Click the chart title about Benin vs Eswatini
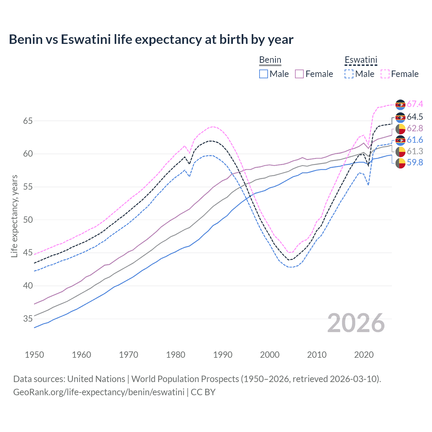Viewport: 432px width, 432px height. pos(151,39)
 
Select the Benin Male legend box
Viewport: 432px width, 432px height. pos(264,74)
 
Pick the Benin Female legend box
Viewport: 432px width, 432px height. pos(299,74)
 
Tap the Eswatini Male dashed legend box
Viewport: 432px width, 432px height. pos(349,74)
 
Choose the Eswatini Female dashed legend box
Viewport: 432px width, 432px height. pos(385,74)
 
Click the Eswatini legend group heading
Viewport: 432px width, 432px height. pos(361,60)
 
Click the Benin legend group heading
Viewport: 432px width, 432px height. pos(270,60)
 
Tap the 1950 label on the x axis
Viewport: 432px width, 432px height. pos(34,355)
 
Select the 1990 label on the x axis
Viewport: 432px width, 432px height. pos(223,355)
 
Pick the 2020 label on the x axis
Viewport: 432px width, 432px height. pos(364,355)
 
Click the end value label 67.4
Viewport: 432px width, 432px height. pos(415,104)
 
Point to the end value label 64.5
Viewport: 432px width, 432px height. pos(415,117)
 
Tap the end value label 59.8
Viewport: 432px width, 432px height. pos(415,163)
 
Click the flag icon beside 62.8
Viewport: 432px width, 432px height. pos(400,129)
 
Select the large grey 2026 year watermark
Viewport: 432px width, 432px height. pos(356,323)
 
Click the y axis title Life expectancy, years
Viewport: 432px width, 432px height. pos(15,216)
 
